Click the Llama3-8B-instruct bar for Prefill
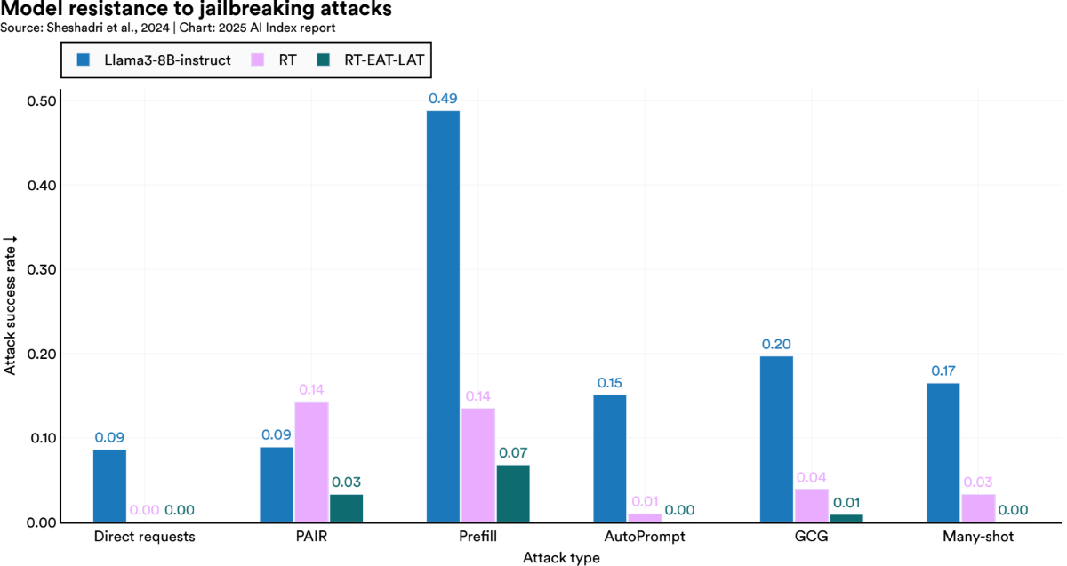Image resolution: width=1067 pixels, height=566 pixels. point(443,316)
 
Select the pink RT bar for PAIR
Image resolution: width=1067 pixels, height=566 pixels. point(311,462)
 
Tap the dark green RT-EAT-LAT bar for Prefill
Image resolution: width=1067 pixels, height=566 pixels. point(512,493)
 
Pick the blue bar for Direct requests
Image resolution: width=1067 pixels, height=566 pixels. point(109,486)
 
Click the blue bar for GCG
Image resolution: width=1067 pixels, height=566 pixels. point(776,439)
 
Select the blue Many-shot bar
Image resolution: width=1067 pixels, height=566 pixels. point(943,452)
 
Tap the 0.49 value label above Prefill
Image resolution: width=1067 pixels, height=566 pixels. point(443,99)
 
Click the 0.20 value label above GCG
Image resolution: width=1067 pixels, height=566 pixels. point(776,344)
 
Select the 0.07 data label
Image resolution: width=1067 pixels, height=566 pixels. point(512,453)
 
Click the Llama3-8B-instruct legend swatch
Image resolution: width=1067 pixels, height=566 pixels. point(84,61)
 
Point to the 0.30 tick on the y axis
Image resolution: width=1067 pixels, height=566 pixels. point(44,269)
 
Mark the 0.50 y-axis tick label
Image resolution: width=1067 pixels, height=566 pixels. point(44,100)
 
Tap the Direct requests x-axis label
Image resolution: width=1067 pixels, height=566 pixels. point(144,538)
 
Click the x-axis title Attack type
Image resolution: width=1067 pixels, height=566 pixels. point(561,558)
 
